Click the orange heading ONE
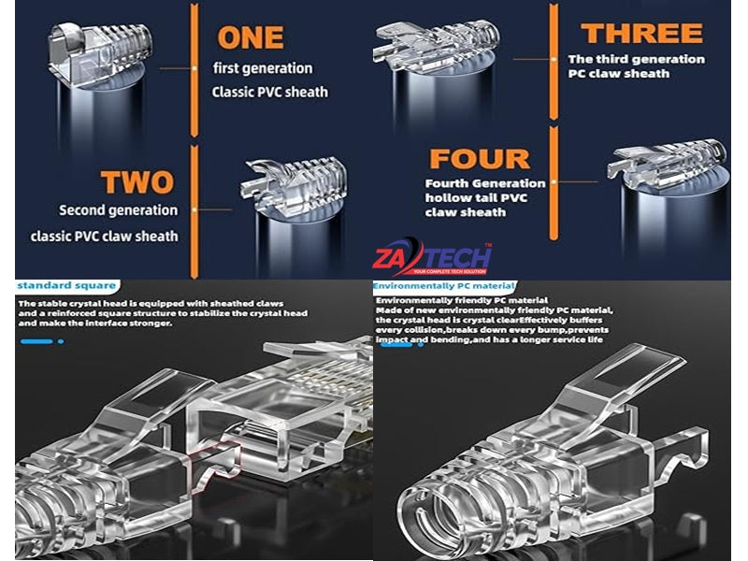(251, 37)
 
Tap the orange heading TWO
(137, 181)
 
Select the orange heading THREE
(641, 33)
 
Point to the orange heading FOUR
(480, 158)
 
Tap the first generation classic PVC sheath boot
(100, 53)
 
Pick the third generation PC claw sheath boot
(436, 43)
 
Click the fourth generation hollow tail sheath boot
(668, 165)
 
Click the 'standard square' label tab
(66, 285)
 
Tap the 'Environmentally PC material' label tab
(444, 286)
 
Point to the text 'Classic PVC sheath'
(270, 92)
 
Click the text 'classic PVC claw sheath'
(104, 237)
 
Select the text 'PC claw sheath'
(619, 74)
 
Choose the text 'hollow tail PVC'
(476, 197)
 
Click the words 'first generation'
(263, 68)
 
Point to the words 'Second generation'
(119, 210)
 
